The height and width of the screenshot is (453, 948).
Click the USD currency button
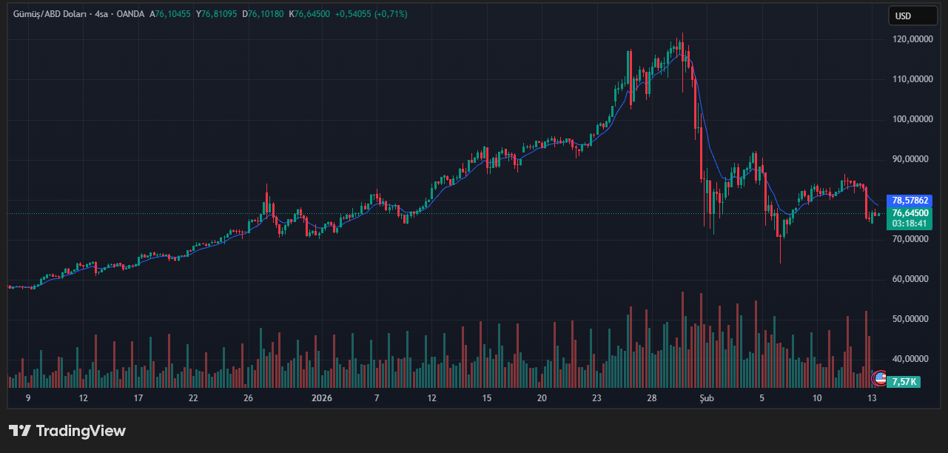pos(902,16)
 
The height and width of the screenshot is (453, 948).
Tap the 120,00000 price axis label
pos(911,38)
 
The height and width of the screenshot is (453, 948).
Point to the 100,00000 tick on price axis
pos(911,118)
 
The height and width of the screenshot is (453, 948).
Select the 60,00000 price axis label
pos(911,279)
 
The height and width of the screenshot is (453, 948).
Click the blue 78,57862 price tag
pos(910,201)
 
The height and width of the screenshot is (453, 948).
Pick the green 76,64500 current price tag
pos(910,213)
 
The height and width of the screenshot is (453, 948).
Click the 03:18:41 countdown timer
pos(910,223)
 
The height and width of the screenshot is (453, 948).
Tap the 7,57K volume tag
pos(904,382)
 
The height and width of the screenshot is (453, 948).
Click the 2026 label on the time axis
pos(322,398)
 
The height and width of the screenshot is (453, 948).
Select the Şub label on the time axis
pos(707,398)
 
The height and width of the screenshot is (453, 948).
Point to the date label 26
pos(248,398)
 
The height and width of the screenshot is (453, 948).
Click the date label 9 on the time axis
pos(28,398)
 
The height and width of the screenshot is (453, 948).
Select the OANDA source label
pos(130,14)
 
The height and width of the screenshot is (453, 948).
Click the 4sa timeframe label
pos(102,14)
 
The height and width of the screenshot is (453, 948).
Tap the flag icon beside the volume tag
pos(880,378)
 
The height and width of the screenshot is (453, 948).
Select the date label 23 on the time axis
pos(596,398)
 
